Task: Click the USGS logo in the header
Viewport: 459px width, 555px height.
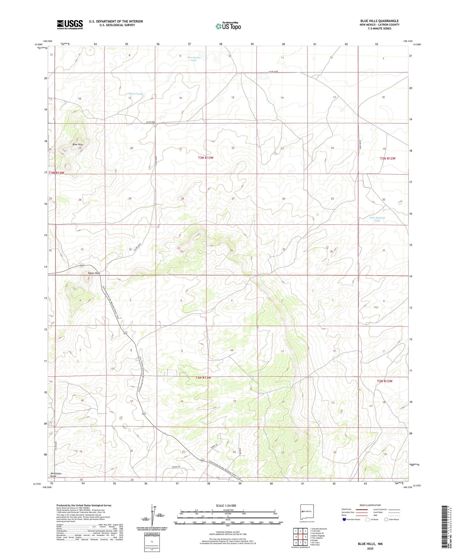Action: pos(70,24)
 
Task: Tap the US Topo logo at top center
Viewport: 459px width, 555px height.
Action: pos(228,26)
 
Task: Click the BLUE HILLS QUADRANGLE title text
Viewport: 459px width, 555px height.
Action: pos(379,21)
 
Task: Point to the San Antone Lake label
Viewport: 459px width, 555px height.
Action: pos(194,58)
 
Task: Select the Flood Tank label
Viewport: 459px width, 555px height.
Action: pos(136,94)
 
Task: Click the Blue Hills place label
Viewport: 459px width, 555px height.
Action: pos(78,144)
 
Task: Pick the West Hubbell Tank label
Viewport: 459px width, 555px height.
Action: pos(377,219)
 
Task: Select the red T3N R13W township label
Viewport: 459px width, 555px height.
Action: pos(206,158)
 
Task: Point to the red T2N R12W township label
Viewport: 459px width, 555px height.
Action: pos(385,381)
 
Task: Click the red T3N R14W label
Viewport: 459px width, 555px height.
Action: pos(57,173)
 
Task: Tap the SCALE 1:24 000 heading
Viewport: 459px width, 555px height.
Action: pos(226,506)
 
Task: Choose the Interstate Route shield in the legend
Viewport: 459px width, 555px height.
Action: pos(345,519)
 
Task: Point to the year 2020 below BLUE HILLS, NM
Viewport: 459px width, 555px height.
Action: pos(370,548)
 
